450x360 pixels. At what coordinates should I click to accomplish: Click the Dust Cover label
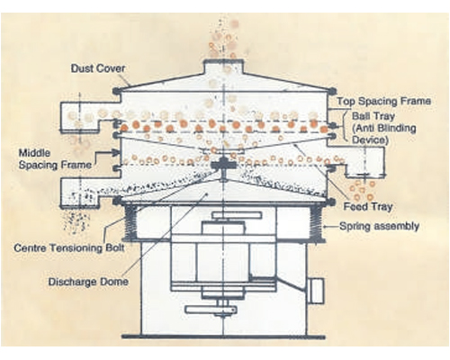[x=98, y=68]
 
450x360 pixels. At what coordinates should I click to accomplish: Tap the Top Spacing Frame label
[x=383, y=101]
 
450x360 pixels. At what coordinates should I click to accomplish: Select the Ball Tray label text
[x=373, y=116]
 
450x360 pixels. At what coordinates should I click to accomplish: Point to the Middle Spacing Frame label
[x=55, y=159]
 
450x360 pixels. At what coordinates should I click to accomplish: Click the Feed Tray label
[x=368, y=207]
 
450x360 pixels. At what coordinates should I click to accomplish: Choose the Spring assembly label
[x=379, y=226]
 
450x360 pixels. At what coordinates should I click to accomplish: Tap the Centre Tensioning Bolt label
[x=69, y=247]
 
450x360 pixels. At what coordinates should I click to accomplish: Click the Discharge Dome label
[x=88, y=282]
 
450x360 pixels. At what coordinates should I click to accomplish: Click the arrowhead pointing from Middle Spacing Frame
[x=116, y=152]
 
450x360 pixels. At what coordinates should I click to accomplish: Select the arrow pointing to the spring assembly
[x=330, y=227]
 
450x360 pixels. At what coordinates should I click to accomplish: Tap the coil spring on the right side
[x=317, y=222]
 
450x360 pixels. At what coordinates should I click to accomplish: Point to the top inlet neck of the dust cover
[x=223, y=67]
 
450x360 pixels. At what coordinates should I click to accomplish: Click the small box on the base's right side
[x=316, y=291]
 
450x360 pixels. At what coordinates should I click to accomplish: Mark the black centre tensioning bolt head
[x=223, y=165]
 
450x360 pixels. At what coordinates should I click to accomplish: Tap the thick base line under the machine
[x=223, y=337]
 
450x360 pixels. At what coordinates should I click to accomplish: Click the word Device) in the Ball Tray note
[x=370, y=140]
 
